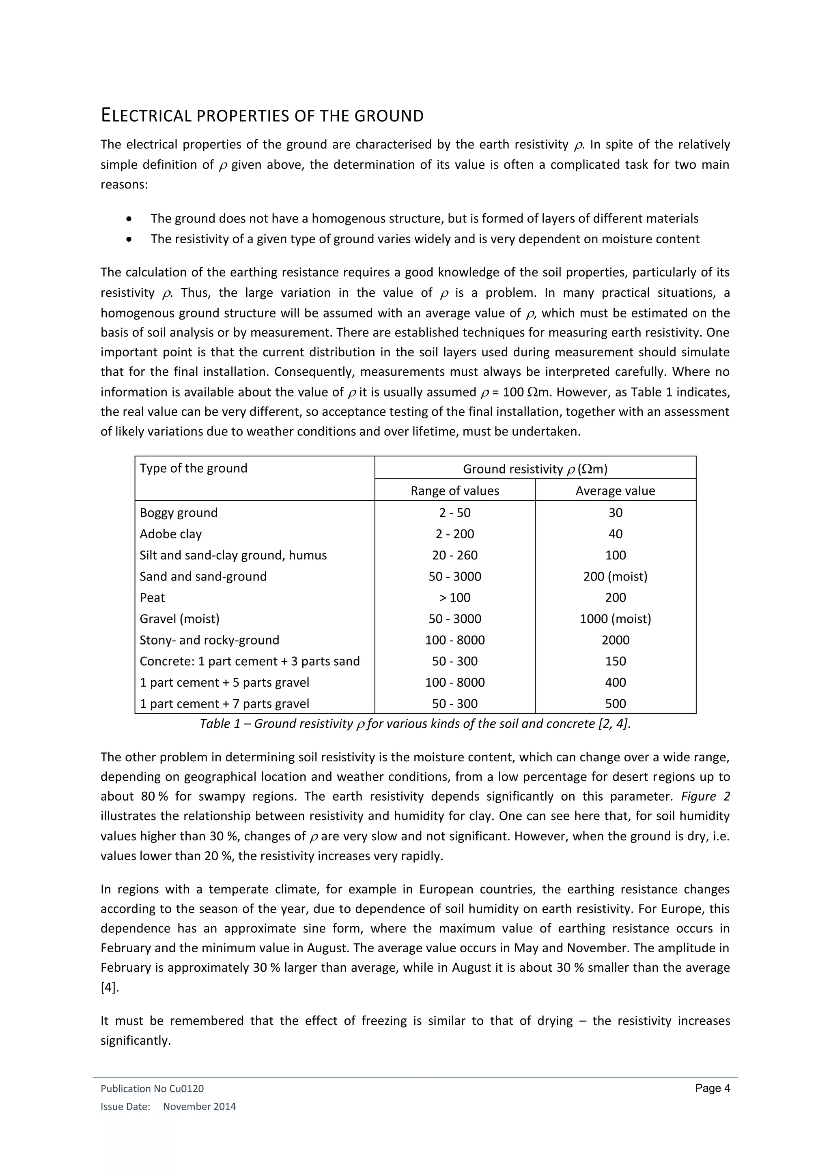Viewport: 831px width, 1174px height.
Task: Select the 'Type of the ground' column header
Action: [194, 468]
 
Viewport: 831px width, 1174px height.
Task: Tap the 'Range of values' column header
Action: [454, 491]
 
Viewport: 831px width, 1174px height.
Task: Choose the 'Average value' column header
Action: [615, 491]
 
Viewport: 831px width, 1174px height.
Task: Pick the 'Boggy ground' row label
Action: [179, 513]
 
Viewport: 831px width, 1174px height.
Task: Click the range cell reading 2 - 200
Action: [454, 534]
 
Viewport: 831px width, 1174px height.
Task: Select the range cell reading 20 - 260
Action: [454, 555]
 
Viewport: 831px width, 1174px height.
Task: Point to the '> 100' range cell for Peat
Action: [454, 598]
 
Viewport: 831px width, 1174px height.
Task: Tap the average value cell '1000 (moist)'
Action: [615, 619]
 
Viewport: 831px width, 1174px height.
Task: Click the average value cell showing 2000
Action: [615, 640]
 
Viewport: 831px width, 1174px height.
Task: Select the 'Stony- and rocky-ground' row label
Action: [209, 640]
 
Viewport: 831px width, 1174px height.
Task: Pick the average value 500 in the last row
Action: [615, 704]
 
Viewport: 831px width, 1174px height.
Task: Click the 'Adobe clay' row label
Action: [170, 534]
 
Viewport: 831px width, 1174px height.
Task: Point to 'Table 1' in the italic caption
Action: [220, 724]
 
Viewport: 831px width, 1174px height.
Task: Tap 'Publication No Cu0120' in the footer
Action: [152, 1088]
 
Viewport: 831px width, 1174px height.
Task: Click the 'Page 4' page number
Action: [712, 1088]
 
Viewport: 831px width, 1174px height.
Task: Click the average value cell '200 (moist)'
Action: [615, 577]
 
